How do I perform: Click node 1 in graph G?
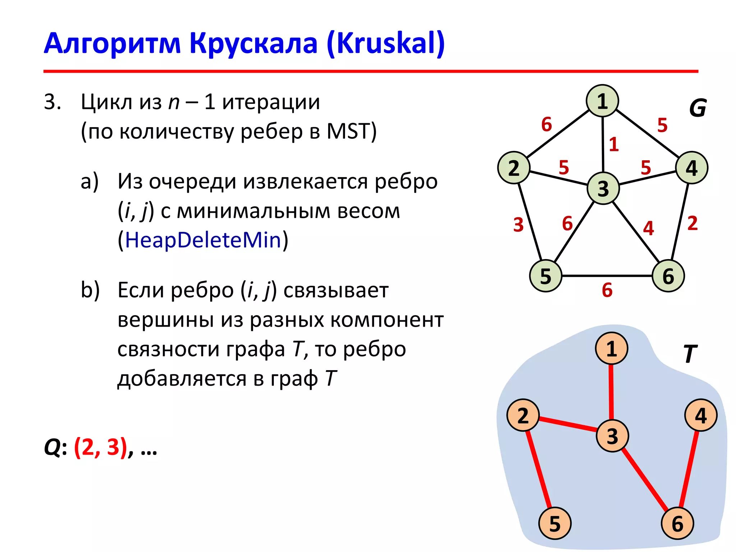click(x=602, y=101)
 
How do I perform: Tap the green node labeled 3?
click(x=603, y=188)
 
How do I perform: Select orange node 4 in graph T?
click(x=701, y=415)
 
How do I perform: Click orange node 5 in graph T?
click(x=555, y=523)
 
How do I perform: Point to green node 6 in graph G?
click(x=668, y=276)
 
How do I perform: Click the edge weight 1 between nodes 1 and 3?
click(x=614, y=144)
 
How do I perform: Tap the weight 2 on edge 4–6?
click(x=693, y=223)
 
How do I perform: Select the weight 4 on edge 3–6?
click(x=648, y=228)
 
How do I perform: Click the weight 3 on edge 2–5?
click(x=518, y=225)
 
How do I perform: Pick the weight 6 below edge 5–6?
click(x=607, y=290)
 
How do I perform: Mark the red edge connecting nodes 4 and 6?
click(x=689, y=469)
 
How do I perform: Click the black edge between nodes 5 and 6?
click(x=607, y=276)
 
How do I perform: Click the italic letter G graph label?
click(x=698, y=108)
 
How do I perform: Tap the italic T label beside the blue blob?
click(x=690, y=354)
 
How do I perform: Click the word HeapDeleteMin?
click(x=203, y=240)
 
